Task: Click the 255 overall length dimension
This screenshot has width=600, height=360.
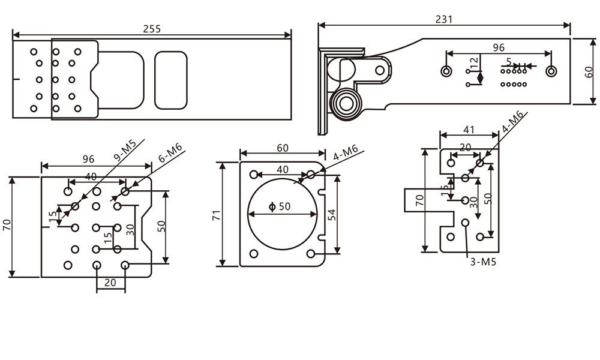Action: pos(152,28)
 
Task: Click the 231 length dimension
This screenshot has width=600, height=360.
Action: pos(444,19)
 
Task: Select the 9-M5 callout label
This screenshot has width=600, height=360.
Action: pos(125,151)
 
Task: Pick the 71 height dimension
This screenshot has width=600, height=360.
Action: pos(215,214)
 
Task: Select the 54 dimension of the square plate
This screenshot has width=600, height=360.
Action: pos(331,214)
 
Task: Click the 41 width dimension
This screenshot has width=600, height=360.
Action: pos(469,128)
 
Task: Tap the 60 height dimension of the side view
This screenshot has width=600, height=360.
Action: pos(590,71)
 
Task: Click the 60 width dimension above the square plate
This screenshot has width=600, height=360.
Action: pos(282,148)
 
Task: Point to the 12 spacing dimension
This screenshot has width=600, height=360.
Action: pos(474,61)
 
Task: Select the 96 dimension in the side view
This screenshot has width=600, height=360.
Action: pos(499,48)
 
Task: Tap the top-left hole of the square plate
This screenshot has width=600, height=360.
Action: pos(254,175)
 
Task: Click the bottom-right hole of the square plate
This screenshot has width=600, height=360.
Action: pos(311,254)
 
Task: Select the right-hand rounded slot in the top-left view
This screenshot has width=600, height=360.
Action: pos(171,80)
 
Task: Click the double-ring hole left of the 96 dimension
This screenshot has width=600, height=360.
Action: pos(446,71)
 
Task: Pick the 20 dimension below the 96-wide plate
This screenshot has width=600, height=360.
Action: pos(111,281)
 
